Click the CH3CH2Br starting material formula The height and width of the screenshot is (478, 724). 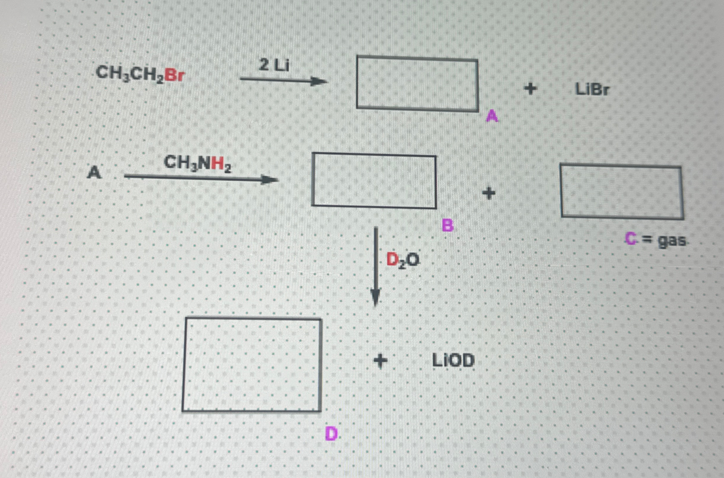tap(140, 74)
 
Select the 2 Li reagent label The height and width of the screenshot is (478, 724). tap(274, 65)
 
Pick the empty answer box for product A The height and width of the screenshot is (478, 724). tap(417, 83)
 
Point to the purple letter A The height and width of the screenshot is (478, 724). tap(492, 116)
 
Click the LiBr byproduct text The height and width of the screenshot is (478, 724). tap(592, 90)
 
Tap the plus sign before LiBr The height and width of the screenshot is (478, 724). tap(530, 89)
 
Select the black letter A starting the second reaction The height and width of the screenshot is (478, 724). tap(94, 173)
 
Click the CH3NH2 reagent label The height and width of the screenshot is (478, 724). tap(197, 163)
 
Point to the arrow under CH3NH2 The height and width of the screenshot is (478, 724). tap(201, 178)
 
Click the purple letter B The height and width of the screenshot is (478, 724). tap(448, 226)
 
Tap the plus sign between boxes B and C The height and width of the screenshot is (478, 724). tap(489, 193)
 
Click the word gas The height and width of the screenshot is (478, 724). tap(672, 241)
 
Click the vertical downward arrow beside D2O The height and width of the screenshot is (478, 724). tap(376, 265)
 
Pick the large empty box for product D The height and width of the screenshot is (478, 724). tap(252, 365)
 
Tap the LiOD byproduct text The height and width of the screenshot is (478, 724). tap(453, 361)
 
